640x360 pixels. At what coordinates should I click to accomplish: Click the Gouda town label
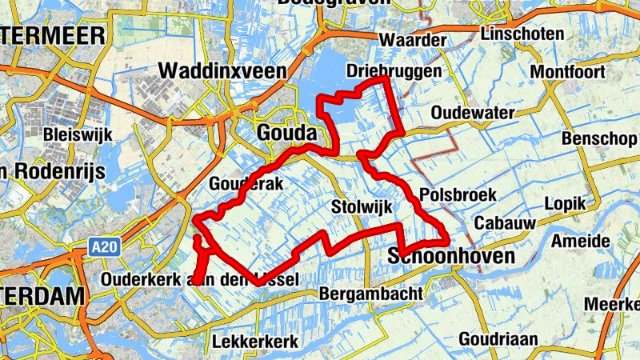[287, 132]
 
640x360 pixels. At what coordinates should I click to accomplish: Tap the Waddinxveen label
[222, 70]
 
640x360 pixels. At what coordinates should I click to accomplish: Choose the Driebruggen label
[394, 71]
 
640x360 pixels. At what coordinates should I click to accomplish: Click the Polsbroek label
[458, 194]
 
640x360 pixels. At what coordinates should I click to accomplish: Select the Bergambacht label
[370, 294]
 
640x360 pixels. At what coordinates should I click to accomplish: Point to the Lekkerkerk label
[255, 342]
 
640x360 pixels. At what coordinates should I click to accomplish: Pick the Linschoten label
[522, 34]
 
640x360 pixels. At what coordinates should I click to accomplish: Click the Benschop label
[599, 138]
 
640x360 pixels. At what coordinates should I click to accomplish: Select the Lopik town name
[565, 203]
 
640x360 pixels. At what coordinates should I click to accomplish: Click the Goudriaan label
[498, 339]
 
